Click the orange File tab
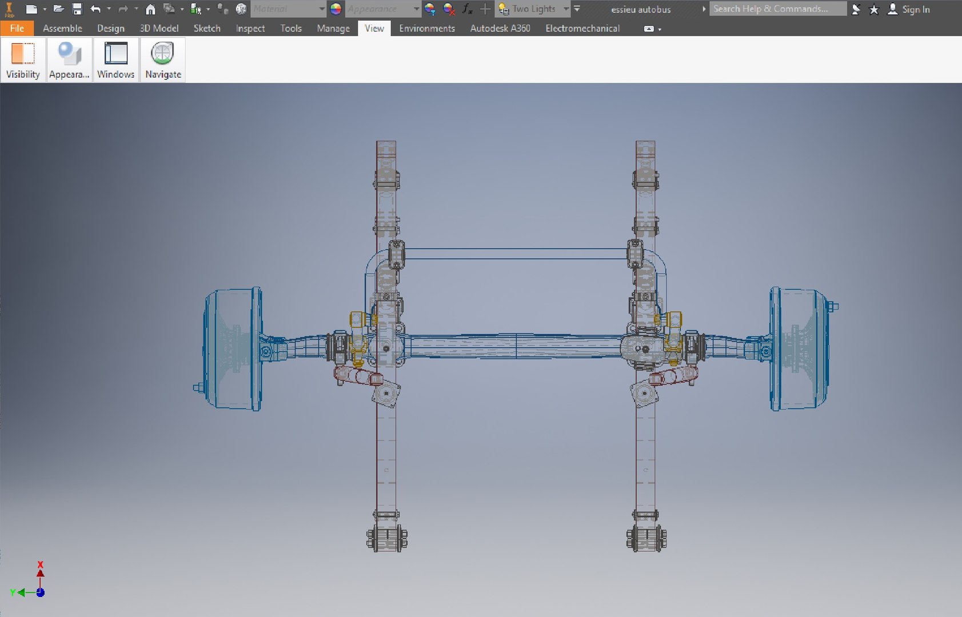[17, 28]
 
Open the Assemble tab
[62, 28]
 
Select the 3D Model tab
[159, 28]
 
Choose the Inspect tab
[250, 28]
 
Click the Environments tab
[426, 28]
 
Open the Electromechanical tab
[582, 28]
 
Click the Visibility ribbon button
[23, 59]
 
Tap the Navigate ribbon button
[163, 59]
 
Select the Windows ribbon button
[115, 59]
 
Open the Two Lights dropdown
[565, 9]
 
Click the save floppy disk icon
[77, 9]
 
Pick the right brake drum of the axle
[799, 348]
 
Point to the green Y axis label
[13, 592]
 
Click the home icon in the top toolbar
[150, 9]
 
